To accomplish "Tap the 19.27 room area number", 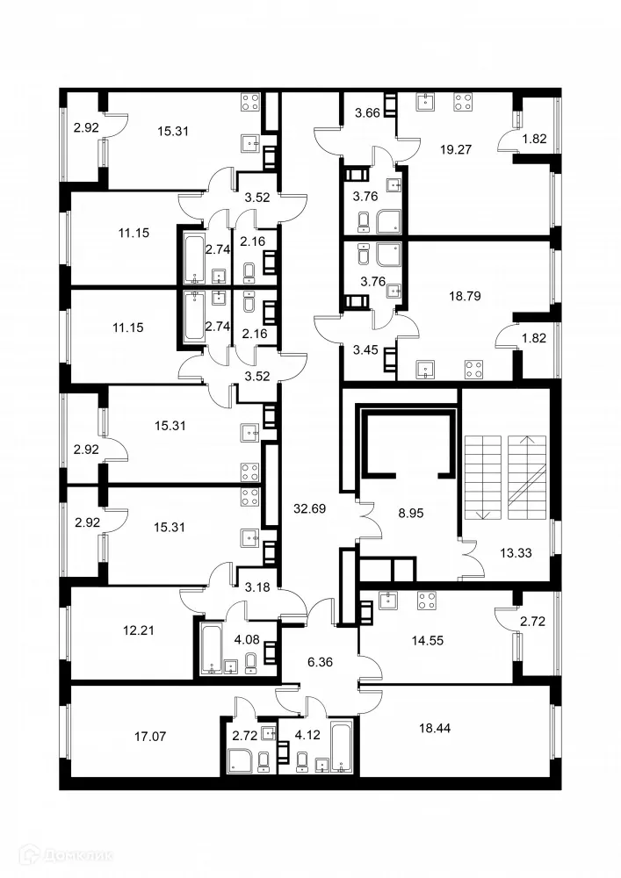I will pyautogui.click(x=456, y=149).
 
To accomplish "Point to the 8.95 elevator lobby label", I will pyautogui.click(x=409, y=512).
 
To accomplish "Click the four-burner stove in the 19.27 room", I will pyautogui.click(x=462, y=102).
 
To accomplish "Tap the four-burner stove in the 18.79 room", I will pyautogui.click(x=473, y=370).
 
